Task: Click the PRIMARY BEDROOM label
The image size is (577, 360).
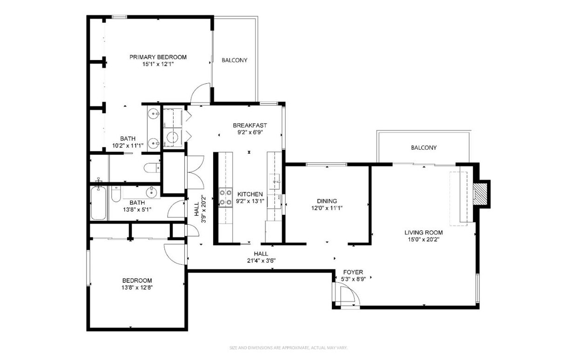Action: coord(158,57)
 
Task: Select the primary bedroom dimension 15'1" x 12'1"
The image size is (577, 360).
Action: coord(158,64)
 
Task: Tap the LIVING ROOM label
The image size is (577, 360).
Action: coord(423,233)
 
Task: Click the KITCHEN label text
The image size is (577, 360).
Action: coord(250,194)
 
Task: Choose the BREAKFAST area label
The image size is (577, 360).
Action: coord(250,125)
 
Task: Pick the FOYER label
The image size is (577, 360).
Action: coord(353,272)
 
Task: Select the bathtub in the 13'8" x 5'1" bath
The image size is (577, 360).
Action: coord(99,203)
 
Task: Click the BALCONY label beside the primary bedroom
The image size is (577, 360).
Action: coord(234,60)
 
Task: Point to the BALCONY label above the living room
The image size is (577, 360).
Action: coord(423,148)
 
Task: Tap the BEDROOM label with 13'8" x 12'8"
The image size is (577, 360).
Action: coord(137,280)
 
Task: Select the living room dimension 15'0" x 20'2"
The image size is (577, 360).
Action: coord(423,240)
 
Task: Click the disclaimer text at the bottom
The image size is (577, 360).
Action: coord(288,347)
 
